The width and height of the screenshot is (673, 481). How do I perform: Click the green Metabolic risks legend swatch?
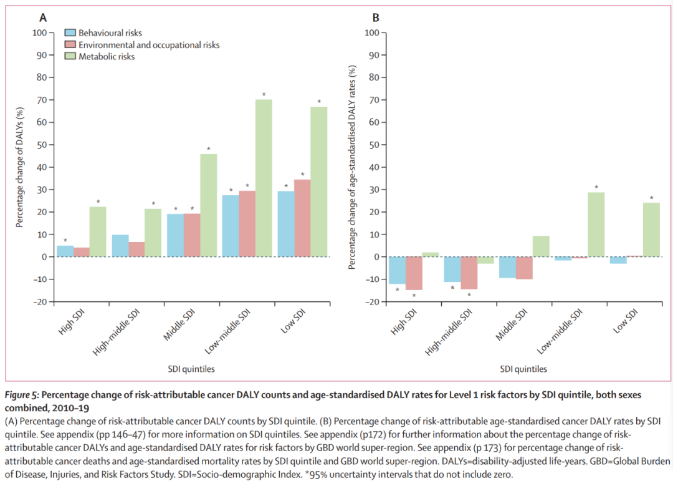[x=70, y=56]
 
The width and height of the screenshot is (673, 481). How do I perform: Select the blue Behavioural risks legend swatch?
[x=70, y=32]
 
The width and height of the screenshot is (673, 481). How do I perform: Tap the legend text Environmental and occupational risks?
[x=149, y=45]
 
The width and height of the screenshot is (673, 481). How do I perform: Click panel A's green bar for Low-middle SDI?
[x=264, y=178]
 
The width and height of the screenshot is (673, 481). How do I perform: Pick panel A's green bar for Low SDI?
[x=319, y=182]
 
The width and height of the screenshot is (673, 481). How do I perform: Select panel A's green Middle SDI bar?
[x=209, y=205]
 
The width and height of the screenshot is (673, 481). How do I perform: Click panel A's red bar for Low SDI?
[x=302, y=218]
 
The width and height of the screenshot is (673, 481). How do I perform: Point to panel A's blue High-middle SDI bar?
[x=120, y=246]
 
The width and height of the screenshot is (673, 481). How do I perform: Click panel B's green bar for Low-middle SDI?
[x=596, y=225]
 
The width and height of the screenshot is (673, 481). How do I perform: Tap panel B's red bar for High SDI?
[x=414, y=273]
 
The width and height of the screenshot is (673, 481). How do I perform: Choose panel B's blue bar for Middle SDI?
[x=508, y=267]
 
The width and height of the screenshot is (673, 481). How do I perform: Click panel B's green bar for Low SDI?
[x=651, y=230]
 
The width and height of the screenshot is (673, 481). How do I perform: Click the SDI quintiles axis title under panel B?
[x=523, y=369]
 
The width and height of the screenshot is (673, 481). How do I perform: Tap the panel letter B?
[x=376, y=17]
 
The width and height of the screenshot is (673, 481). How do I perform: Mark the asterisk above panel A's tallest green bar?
[x=264, y=95]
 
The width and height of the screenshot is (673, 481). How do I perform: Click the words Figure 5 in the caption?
[x=22, y=396]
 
